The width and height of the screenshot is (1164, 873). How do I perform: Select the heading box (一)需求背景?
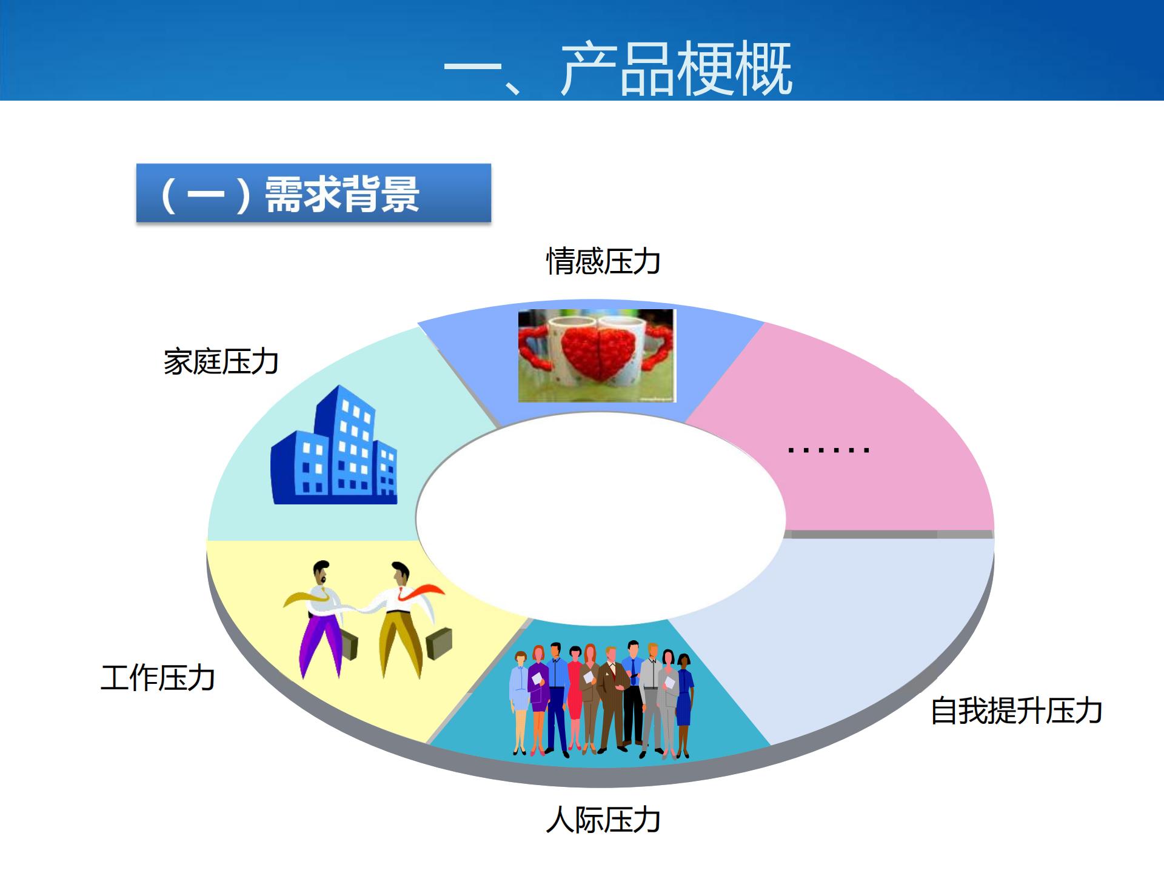click(x=313, y=193)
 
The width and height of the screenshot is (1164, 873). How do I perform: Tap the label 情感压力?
click(x=603, y=261)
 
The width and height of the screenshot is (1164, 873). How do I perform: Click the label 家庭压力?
click(x=221, y=362)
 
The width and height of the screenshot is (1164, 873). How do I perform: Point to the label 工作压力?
click(x=158, y=677)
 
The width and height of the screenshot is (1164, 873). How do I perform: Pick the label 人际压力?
click(x=603, y=820)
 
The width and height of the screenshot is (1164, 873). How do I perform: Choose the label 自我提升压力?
click(x=1016, y=711)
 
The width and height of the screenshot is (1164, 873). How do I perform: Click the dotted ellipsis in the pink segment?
click(x=828, y=450)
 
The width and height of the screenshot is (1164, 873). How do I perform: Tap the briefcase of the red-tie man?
click(x=439, y=644)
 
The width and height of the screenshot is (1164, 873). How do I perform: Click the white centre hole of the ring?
click(x=600, y=518)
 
